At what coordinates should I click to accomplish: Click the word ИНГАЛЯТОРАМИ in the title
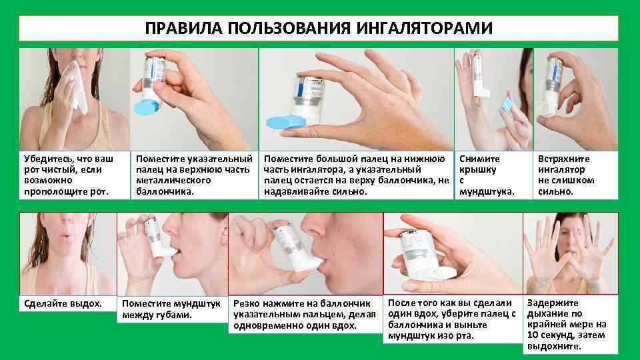pyautogui.click(x=425, y=28)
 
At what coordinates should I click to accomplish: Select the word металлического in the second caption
pyautogui.click(x=173, y=181)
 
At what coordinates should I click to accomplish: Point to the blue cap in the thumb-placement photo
pyautogui.click(x=286, y=123)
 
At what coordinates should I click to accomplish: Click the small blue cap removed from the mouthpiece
pyautogui.click(x=507, y=104)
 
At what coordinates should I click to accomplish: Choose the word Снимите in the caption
pyautogui.click(x=479, y=159)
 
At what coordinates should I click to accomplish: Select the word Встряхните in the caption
pyautogui.click(x=564, y=159)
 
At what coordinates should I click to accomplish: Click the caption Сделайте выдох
pyautogui.click(x=63, y=304)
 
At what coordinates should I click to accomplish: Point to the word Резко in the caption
pyautogui.click(x=247, y=304)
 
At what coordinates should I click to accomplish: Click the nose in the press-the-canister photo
pyautogui.click(x=319, y=229)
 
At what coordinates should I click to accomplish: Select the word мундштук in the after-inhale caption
pyautogui.click(x=409, y=336)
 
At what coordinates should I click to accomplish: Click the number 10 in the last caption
pyautogui.click(x=532, y=335)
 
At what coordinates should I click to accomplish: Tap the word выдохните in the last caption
pyautogui.click(x=554, y=347)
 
